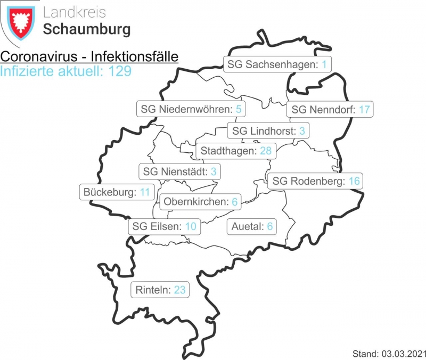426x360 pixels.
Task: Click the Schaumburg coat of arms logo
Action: tap(20, 23)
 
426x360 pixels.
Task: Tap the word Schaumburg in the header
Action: tap(86, 29)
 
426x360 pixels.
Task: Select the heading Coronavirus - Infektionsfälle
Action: tap(89, 57)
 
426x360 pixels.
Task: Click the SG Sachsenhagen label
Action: tap(277, 65)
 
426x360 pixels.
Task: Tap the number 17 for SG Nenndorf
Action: tap(364, 110)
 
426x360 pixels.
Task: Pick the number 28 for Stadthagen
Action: tap(266, 151)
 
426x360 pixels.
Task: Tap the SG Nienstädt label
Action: tap(180, 171)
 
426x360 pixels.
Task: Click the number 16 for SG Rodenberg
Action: tap(354, 181)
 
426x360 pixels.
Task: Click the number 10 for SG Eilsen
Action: tap(191, 226)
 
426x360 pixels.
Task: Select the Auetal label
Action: tap(252, 226)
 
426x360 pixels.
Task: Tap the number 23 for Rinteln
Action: tap(179, 290)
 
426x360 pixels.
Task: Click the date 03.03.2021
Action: tap(401, 353)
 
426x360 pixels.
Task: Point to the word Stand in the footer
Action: tap(364, 353)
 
